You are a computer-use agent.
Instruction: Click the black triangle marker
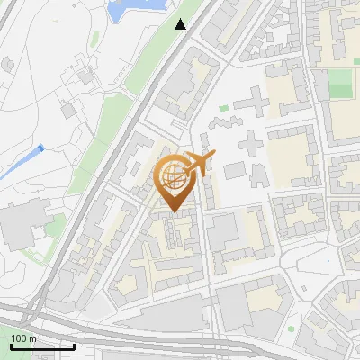tap(181, 24)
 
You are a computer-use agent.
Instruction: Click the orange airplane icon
tap(197, 164)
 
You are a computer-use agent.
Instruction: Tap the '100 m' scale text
tap(24, 338)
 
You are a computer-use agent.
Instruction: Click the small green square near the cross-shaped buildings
tap(223, 108)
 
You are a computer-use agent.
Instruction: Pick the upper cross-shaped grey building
tap(256, 101)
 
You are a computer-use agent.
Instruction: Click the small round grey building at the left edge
tap(7, 65)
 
